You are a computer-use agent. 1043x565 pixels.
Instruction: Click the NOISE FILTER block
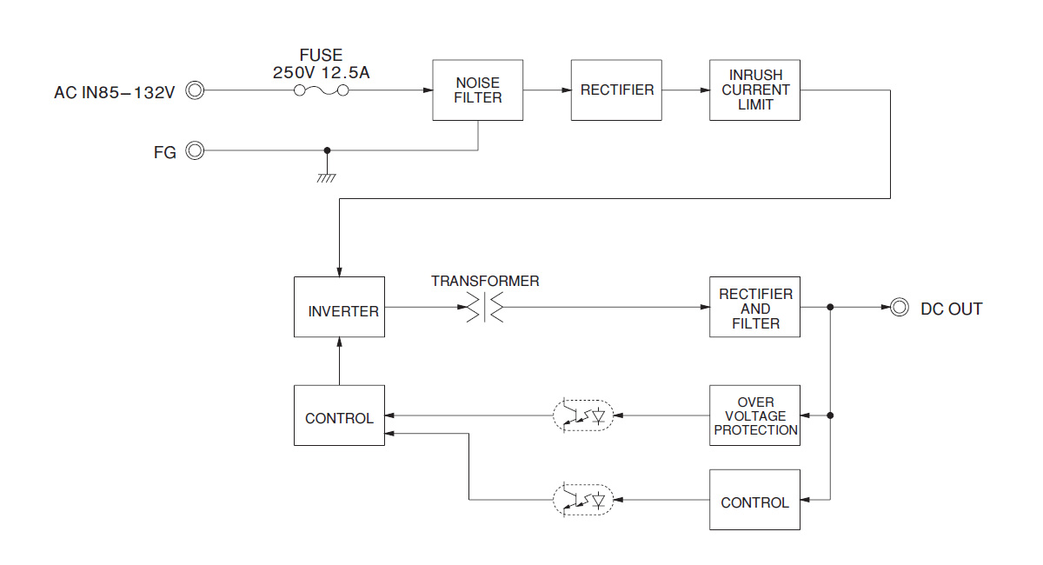(x=478, y=90)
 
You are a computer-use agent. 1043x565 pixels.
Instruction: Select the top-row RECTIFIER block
(x=616, y=90)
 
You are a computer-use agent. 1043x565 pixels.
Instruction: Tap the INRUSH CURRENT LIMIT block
(x=754, y=90)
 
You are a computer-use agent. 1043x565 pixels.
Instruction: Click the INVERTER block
(x=339, y=308)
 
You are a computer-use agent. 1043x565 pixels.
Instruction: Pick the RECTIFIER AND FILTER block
(x=754, y=308)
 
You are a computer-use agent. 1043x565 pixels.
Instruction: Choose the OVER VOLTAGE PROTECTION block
(x=754, y=415)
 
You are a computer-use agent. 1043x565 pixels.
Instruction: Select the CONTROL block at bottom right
(x=754, y=500)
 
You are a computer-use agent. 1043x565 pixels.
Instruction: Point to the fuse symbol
(x=322, y=91)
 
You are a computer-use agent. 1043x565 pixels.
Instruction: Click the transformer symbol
(x=484, y=308)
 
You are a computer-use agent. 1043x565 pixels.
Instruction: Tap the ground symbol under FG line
(x=327, y=176)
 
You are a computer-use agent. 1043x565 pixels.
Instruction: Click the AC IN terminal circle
(x=196, y=90)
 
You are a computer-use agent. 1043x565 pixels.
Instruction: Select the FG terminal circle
(x=196, y=151)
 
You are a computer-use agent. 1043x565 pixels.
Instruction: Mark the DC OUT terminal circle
(x=900, y=308)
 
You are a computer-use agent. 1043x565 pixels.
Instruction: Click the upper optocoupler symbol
(x=582, y=415)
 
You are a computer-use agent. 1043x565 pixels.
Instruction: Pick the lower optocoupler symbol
(x=582, y=500)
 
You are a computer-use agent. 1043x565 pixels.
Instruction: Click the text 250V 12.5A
(x=321, y=73)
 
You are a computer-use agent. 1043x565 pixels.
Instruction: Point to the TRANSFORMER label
(x=485, y=282)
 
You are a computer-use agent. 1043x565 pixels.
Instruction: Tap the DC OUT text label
(x=951, y=309)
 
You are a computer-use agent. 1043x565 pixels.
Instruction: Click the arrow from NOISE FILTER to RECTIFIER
(x=547, y=90)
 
